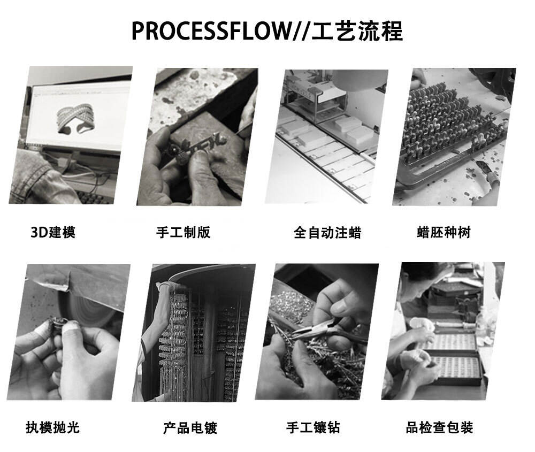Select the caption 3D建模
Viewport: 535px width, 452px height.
pos(53,233)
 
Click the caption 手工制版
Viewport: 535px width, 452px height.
pos(183,233)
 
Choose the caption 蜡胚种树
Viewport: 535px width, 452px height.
pos(444,233)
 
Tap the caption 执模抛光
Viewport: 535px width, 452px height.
pos(53,427)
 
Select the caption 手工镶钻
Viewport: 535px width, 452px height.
pos(313,427)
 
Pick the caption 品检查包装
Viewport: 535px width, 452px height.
pos(439,427)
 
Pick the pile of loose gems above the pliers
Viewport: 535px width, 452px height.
pos(290,304)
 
